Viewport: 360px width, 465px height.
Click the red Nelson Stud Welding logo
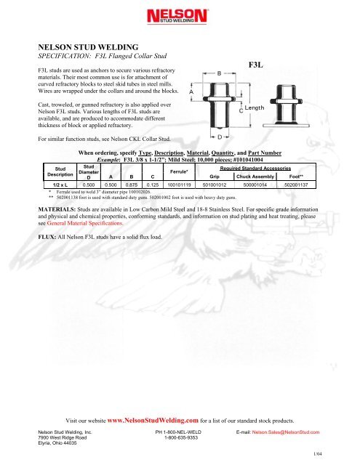177,16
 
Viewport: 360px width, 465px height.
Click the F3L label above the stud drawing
255,65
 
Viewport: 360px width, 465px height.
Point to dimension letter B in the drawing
220,73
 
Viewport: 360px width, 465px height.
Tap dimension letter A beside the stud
191,92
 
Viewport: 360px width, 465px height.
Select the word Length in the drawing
255,108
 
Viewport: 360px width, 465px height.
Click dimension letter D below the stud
220,137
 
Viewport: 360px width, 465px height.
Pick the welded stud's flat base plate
286,126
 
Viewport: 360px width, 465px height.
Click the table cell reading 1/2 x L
60,185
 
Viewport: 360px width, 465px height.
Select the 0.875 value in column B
132,185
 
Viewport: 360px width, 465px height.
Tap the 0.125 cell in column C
153,185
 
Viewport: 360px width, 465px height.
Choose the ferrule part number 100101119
179,185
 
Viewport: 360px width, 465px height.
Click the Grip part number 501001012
215,185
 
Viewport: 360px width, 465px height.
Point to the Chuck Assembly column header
255,177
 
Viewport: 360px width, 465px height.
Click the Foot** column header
296,177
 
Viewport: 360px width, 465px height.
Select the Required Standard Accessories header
255,168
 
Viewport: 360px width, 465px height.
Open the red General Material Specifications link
85,223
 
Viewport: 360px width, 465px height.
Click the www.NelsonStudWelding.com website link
153,420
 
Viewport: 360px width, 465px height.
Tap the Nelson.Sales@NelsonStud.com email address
286,432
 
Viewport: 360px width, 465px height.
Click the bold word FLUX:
47,237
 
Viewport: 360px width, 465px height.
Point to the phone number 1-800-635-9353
181,437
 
